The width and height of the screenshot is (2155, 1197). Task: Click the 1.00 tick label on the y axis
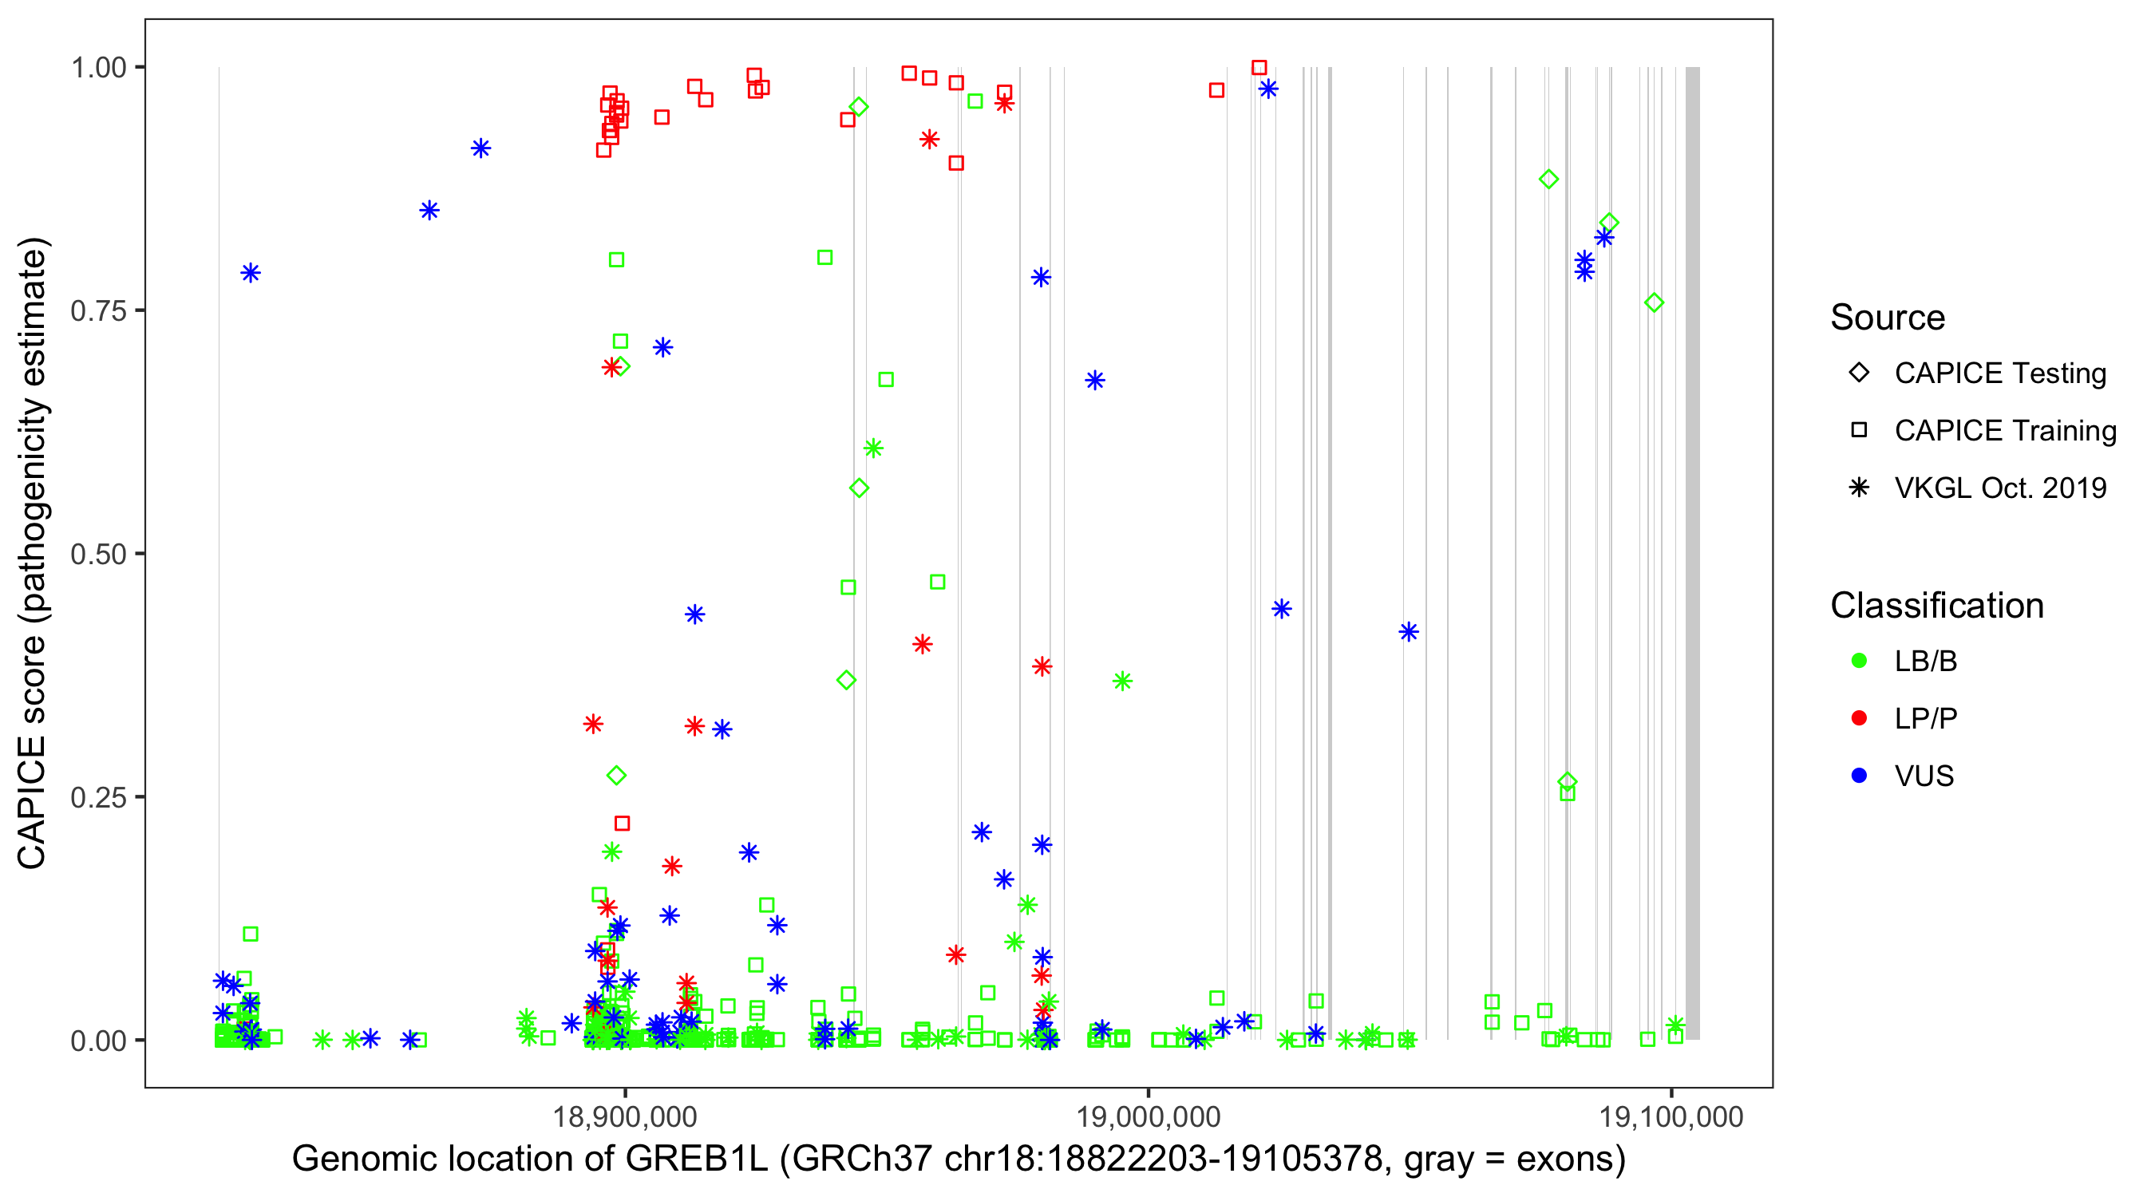[x=98, y=68]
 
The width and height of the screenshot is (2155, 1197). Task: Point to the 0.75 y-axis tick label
[x=98, y=311]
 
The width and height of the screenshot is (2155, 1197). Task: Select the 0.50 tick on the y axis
[x=98, y=555]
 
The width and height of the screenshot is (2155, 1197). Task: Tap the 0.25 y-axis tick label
[x=98, y=797]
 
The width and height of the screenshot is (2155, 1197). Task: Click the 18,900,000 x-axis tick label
[x=624, y=1117]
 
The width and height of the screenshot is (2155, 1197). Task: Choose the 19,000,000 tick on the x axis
[x=1148, y=1117]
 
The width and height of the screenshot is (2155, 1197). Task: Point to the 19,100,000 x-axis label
[x=1671, y=1117]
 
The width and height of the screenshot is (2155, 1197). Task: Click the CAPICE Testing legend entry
[x=1999, y=373]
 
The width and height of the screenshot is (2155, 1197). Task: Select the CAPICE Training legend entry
[x=2004, y=431]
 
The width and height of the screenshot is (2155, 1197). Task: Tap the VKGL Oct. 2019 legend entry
[x=1999, y=488]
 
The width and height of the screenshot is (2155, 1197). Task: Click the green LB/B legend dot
[x=1859, y=662]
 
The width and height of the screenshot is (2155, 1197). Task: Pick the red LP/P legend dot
[x=1859, y=718]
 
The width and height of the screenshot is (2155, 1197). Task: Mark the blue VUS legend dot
[x=1859, y=776]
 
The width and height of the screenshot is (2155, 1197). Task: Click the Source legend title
[x=1888, y=318]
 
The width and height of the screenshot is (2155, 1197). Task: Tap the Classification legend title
[x=1936, y=606]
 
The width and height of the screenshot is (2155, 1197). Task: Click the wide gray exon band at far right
[x=1691, y=552]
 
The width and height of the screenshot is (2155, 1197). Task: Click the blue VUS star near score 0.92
[x=480, y=149]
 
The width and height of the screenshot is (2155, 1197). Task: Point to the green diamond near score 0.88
[x=1548, y=179]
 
